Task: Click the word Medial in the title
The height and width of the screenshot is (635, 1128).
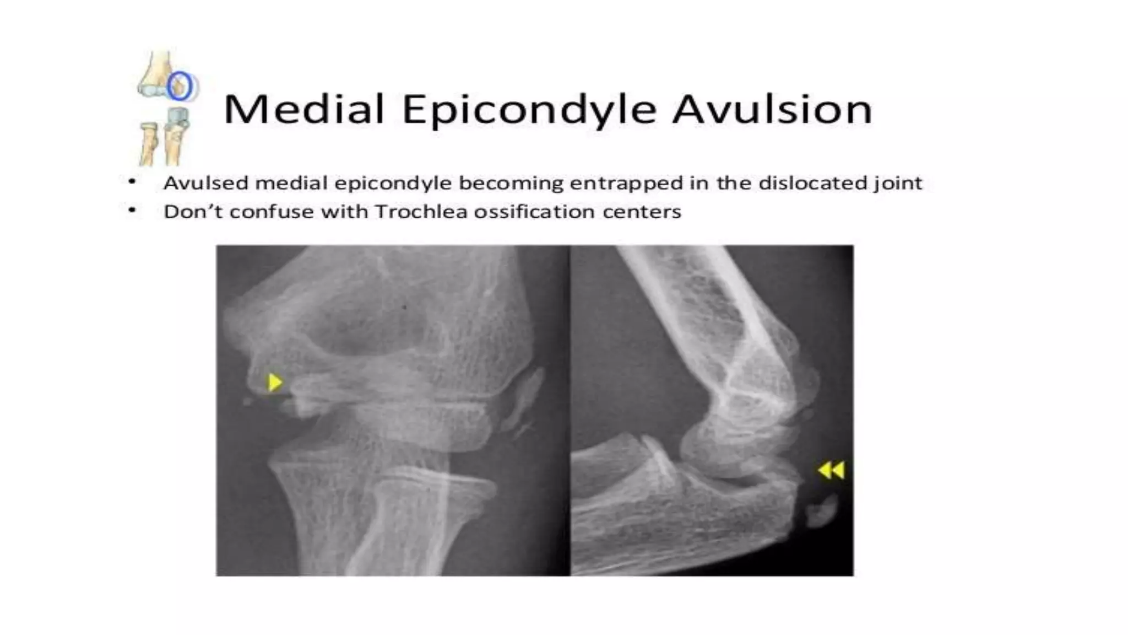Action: [x=303, y=109]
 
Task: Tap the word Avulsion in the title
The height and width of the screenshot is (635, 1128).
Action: [x=772, y=109]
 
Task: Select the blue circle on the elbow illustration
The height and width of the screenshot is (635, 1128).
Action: [x=180, y=87]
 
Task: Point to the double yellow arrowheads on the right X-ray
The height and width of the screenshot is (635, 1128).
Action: [x=831, y=470]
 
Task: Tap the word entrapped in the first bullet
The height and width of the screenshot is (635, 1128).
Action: [x=626, y=183]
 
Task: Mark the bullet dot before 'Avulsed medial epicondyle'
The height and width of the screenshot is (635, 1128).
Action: [x=132, y=181]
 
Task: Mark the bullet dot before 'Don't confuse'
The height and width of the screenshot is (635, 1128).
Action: [x=132, y=210]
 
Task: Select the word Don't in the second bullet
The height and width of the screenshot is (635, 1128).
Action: [x=193, y=211]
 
